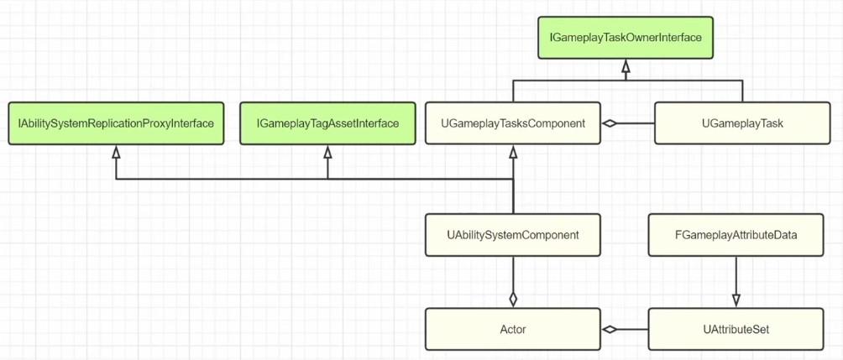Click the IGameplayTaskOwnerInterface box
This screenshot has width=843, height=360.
[x=626, y=38]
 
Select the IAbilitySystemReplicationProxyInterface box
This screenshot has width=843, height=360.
[x=116, y=123]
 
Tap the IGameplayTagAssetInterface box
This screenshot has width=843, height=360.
[x=327, y=123]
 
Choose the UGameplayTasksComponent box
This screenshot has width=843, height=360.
[x=512, y=123]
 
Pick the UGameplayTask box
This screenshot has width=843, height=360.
[x=742, y=123]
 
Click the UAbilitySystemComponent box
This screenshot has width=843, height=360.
[x=512, y=235]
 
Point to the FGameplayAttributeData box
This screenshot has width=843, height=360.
[x=736, y=235]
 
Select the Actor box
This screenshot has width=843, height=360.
[x=512, y=329]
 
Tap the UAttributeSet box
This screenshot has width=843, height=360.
[x=736, y=329]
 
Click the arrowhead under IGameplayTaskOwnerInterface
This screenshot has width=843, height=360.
[x=626, y=65]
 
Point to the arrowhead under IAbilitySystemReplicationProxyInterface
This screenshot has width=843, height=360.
[x=116, y=152]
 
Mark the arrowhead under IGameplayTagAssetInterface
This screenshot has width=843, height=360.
[x=327, y=152]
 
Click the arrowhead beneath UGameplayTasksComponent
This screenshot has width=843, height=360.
[x=513, y=152]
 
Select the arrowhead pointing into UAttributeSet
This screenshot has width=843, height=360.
[x=736, y=300]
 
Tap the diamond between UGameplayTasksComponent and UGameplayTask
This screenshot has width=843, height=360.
[x=609, y=123]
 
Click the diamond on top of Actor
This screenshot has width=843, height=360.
[x=513, y=299]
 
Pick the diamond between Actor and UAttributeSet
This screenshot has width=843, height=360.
[x=609, y=329]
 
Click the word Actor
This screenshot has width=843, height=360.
[x=512, y=329]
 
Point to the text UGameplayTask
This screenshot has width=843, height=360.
[x=742, y=124]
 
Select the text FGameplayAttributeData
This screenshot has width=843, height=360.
[x=736, y=235]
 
